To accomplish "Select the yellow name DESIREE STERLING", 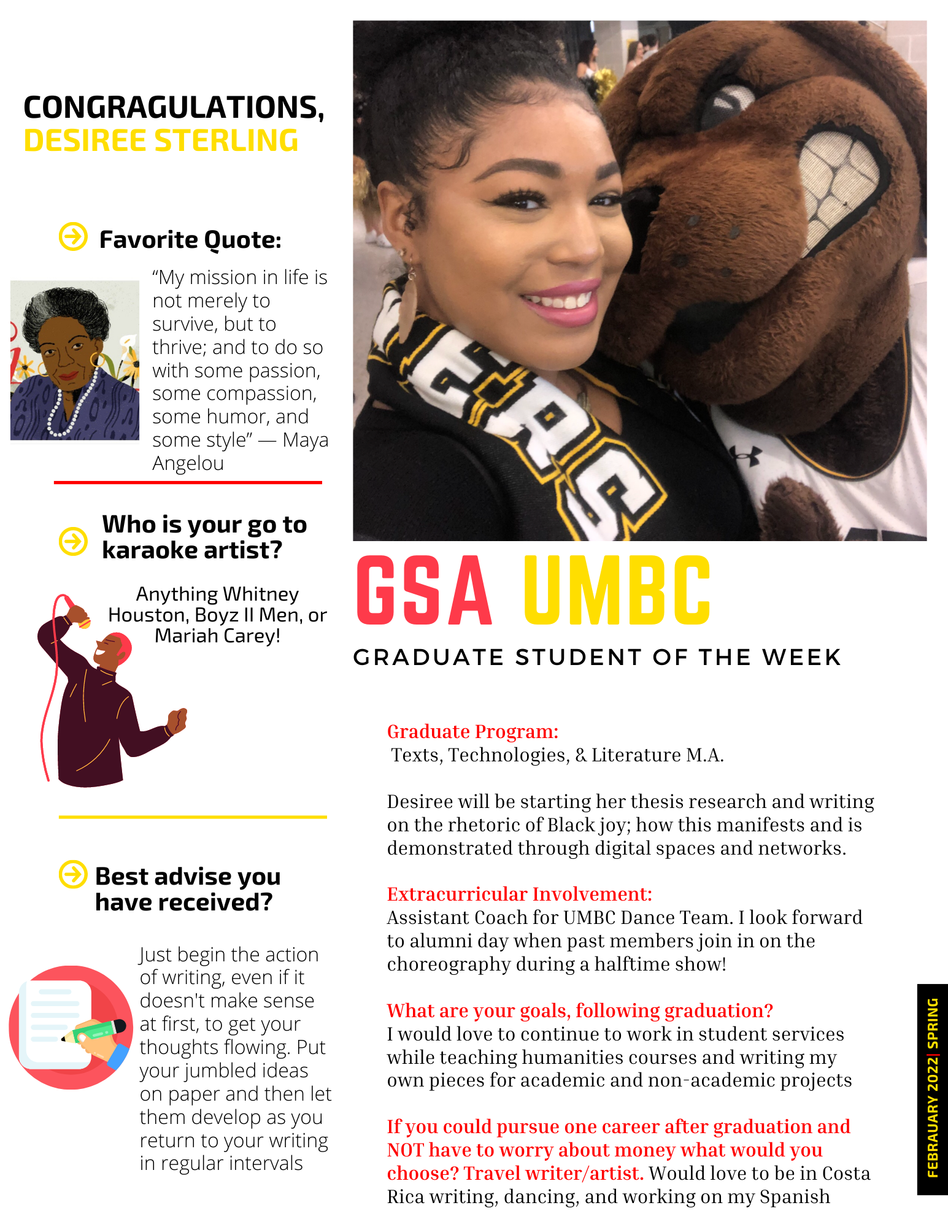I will point(161,141).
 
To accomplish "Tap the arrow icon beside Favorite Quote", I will point(73,236).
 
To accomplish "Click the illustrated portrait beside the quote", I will point(75,360).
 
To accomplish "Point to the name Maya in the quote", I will point(305,440).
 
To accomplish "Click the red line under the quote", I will point(188,483).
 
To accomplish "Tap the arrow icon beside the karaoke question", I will point(73,540).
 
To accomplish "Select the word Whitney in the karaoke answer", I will point(261,594).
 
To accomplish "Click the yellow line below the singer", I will point(193,817).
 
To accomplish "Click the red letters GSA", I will point(424,591).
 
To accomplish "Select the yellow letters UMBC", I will point(617,591).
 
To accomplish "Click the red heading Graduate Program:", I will point(472,731).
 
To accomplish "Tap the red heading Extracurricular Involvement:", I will point(519,894).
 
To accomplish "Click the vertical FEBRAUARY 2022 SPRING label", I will point(932,1088).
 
